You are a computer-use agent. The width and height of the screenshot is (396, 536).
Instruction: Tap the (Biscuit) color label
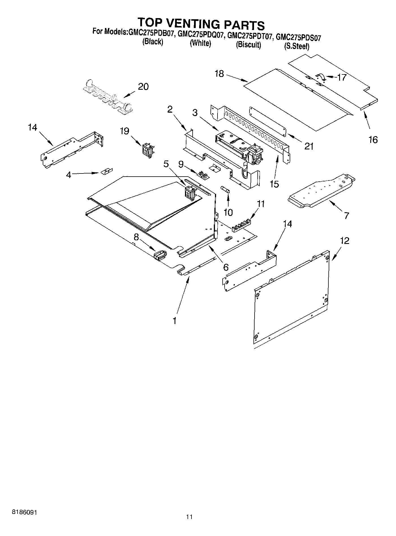[248, 45]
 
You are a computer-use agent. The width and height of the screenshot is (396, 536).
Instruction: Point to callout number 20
[143, 87]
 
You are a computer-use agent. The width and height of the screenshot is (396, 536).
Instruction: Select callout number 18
[219, 74]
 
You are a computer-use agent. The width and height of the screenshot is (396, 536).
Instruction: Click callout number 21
[309, 146]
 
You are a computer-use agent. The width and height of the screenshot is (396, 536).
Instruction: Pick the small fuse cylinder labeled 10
[226, 190]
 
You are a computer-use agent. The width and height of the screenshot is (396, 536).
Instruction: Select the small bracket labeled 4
[106, 171]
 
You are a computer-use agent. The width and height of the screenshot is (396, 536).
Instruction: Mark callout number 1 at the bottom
[175, 321]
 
